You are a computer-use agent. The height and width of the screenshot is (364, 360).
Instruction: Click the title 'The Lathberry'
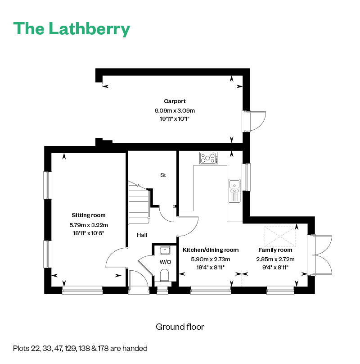tap(72, 29)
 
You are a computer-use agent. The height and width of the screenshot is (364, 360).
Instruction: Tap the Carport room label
tap(175, 101)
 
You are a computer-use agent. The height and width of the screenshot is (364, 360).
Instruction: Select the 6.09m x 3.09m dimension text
tap(175, 110)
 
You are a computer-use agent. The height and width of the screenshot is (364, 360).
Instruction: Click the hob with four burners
tap(209, 158)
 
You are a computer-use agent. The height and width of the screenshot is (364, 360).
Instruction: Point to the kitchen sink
tap(234, 184)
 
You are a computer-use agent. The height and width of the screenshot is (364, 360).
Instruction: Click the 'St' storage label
tap(163, 175)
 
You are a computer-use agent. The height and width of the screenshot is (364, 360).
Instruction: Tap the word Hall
tap(142, 235)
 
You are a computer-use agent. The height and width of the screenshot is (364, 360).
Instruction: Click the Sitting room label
tap(89, 215)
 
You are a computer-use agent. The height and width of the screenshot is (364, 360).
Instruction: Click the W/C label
tap(165, 262)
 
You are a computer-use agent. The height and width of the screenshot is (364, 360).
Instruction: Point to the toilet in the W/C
tap(165, 275)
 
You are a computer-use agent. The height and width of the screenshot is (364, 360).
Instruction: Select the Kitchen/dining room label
tap(210, 250)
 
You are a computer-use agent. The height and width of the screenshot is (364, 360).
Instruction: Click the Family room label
tap(275, 250)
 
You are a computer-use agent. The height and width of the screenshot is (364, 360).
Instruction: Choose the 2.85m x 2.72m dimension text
tap(275, 259)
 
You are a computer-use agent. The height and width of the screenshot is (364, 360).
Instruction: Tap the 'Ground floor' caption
tap(180, 327)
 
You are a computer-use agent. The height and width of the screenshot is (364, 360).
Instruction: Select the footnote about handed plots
tap(81, 348)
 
